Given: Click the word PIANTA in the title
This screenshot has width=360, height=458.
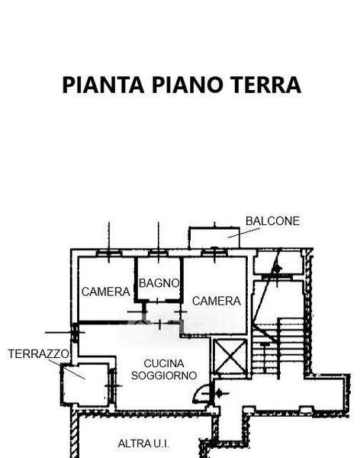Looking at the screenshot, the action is (103, 85).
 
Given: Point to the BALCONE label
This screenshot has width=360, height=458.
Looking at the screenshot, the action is (272, 221).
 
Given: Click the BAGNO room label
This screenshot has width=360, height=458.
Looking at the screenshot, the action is (159, 282).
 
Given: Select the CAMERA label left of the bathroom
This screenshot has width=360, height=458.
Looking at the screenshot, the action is (106, 292).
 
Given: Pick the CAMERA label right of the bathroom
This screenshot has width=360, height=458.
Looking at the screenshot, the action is (217, 301).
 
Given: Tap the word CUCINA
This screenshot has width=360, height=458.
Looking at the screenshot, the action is (164, 363).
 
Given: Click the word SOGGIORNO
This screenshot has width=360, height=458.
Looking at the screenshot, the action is (164, 376).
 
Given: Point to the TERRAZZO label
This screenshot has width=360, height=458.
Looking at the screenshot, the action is (39, 354).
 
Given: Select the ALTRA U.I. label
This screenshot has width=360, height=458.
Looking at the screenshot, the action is (143, 443).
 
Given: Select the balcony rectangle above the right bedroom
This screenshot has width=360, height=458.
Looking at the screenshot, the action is (214, 237).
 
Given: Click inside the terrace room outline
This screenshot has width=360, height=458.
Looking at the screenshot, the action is (85, 385).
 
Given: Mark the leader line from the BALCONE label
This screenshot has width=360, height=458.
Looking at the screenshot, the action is (243, 233).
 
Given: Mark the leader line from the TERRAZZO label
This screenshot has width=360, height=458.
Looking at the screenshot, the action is (67, 369).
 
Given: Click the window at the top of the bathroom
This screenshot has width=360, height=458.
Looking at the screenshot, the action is (158, 253).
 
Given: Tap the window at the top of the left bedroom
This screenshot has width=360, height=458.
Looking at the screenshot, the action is (108, 253).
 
